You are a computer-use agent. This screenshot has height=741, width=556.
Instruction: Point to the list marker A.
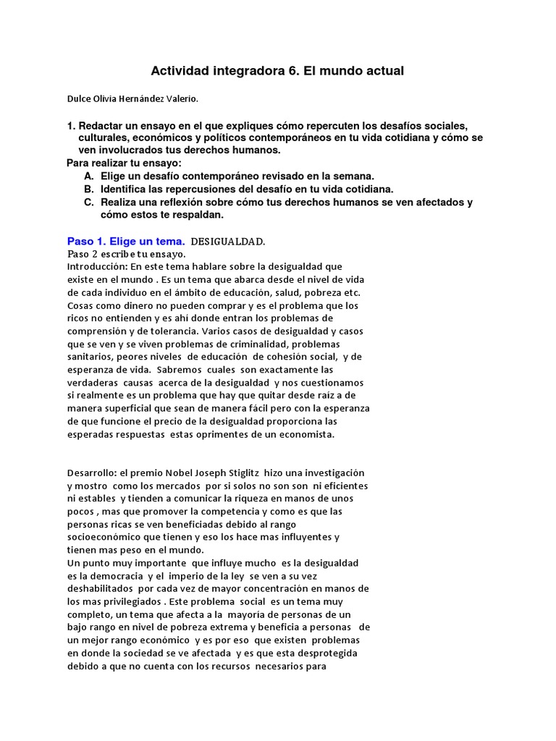coord(88,177)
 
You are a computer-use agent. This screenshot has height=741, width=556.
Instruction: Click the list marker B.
coord(88,190)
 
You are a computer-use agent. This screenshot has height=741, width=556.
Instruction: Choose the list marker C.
coord(88,203)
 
